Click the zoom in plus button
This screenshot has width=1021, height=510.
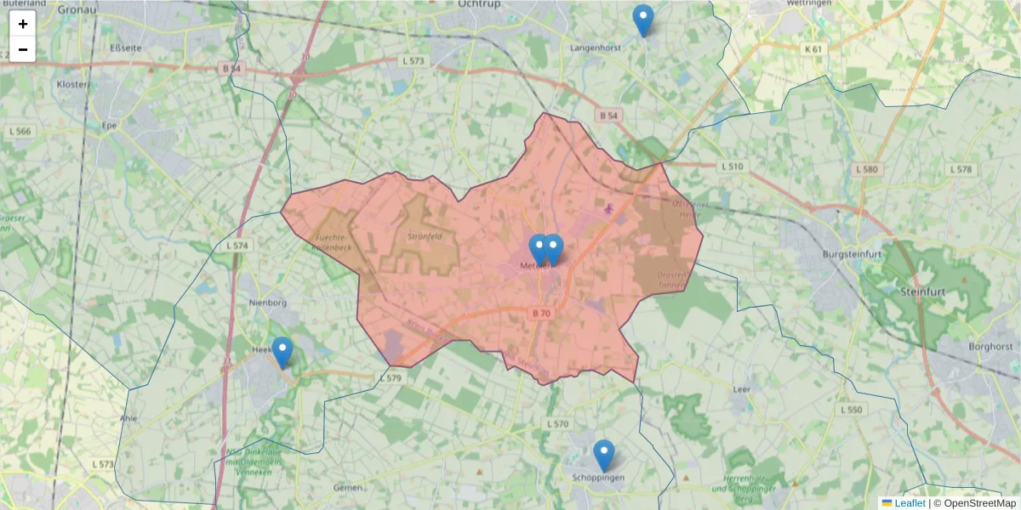[23, 24]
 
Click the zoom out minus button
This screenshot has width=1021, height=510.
[23, 49]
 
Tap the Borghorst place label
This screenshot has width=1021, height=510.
[990, 347]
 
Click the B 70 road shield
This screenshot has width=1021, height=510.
[541, 314]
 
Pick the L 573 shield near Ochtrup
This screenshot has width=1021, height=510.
[413, 61]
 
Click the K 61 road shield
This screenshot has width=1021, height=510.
[813, 49]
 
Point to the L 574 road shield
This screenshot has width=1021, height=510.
[238, 246]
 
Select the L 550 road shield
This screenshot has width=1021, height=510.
[851, 410]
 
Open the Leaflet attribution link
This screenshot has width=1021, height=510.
[909, 503]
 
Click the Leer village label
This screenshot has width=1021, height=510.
[740, 389]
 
